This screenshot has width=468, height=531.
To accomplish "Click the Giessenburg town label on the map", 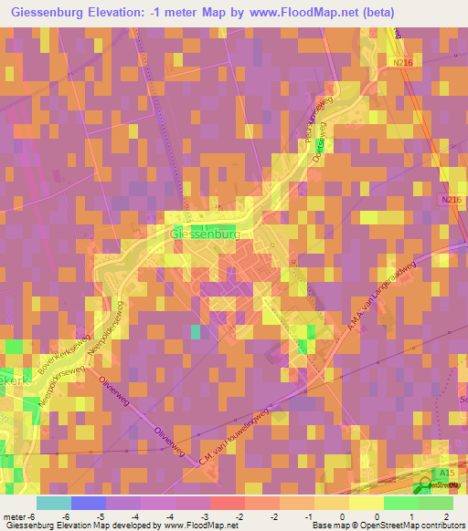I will click(x=205, y=234).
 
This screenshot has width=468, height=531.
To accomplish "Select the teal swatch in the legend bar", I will click(x=54, y=503).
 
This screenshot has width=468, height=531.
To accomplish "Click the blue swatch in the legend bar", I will click(x=89, y=503).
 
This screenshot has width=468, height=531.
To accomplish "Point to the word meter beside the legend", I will click(x=16, y=515).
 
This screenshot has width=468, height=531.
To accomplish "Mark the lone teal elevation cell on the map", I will click(x=196, y=331).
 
